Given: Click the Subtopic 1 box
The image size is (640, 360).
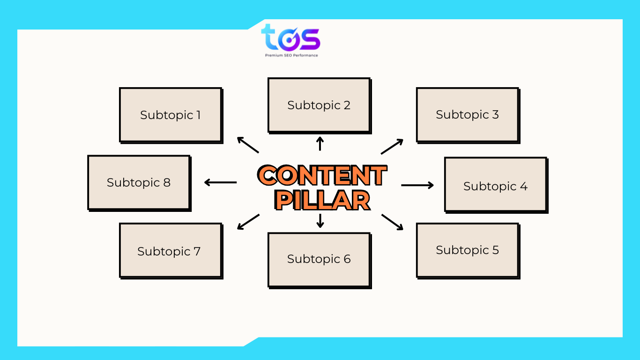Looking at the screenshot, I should coord(171,115).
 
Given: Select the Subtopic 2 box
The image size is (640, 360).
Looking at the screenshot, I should coord(319,105).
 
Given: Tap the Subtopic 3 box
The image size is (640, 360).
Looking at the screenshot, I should coord(468,114).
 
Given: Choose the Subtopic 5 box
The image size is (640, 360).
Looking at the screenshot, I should coord(468,250).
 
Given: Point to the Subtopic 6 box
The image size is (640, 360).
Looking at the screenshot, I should coord(319,259).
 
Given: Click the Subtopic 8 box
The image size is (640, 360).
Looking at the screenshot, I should coord(139,182).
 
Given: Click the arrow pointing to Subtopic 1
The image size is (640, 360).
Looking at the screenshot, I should coord(248,145).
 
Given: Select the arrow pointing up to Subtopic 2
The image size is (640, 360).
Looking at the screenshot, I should coord(320,143).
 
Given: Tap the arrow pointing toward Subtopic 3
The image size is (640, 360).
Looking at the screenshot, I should coord(392,146).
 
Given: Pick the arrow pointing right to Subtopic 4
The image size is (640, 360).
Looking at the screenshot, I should coord(417,185).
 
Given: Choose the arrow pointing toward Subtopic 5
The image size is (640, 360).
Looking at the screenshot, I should coord(392,222).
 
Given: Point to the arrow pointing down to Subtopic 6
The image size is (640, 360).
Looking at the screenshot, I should coord(320,220).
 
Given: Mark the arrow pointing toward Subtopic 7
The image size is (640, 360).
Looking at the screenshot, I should coord(248,222).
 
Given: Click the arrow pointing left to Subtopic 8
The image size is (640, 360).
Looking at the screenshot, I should coord(221,182).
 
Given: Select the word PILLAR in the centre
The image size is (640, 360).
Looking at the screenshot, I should coord(323,200).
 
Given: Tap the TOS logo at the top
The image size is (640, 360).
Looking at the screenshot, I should coord(290,37).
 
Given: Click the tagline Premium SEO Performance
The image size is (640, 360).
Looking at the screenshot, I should coord(291,55).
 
